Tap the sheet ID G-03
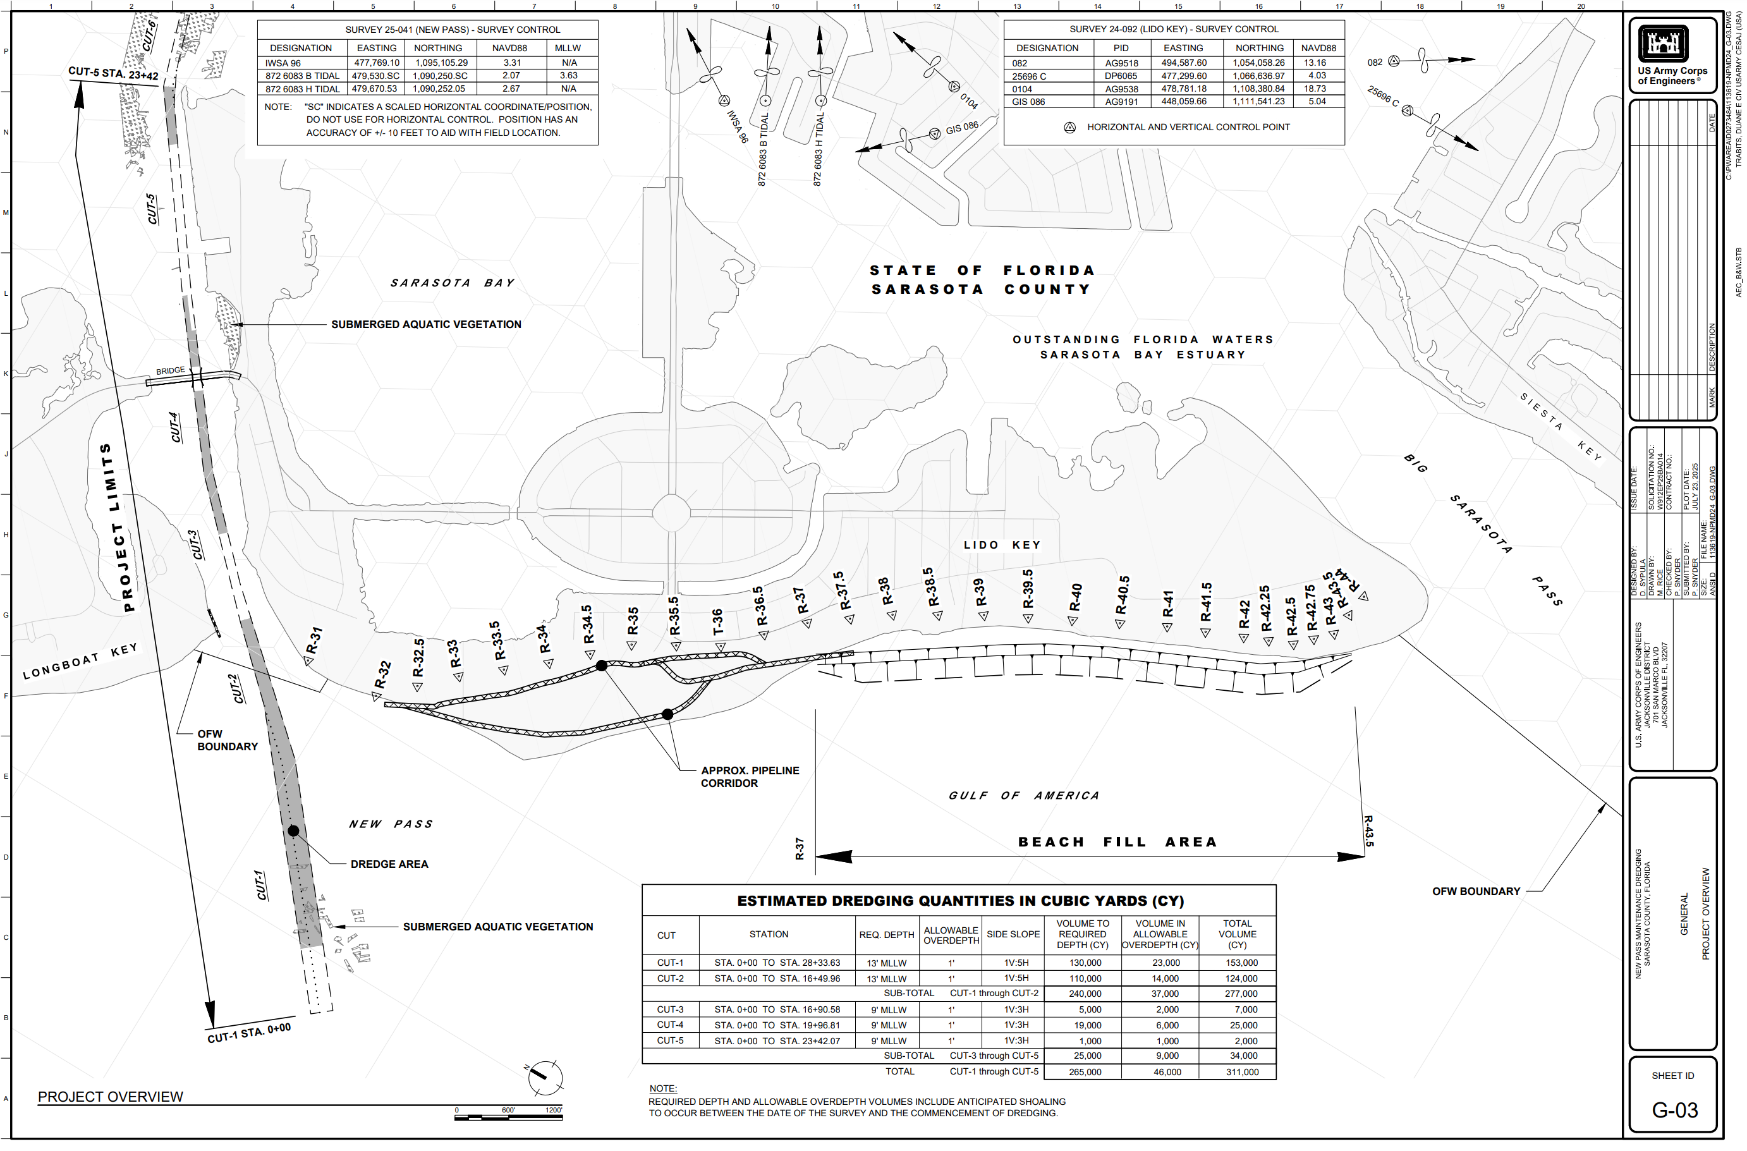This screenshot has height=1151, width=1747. (x=1674, y=1110)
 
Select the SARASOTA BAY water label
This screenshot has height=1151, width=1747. (x=452, y=283)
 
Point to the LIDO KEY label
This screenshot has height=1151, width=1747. (x=1002, y=545)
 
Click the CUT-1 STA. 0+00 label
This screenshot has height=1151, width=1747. (x=249, y=1033)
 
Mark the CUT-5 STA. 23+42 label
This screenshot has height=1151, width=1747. (x=113, y=73)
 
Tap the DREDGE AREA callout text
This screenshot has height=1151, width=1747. (x=389, y=865)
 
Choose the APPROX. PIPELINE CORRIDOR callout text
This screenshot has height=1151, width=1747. (x=750, y=777)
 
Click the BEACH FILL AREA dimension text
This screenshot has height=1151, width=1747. (x=1117, y=843)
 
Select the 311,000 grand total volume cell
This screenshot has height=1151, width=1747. (x=1242, y=1073)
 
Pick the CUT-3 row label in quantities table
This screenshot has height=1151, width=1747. (x=669, y=1010)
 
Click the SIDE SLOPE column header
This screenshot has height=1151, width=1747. (x=1013, y=934)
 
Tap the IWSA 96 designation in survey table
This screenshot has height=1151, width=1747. (x=283, y=63)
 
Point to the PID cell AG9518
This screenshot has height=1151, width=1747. (x=1121, y=63)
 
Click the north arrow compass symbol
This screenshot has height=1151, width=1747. (x=545, y=1078)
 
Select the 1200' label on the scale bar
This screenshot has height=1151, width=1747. (x=554, y=1110)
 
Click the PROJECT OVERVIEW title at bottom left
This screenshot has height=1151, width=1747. (x=111, y=1097)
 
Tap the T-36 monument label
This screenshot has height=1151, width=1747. (x=718, y=622)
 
